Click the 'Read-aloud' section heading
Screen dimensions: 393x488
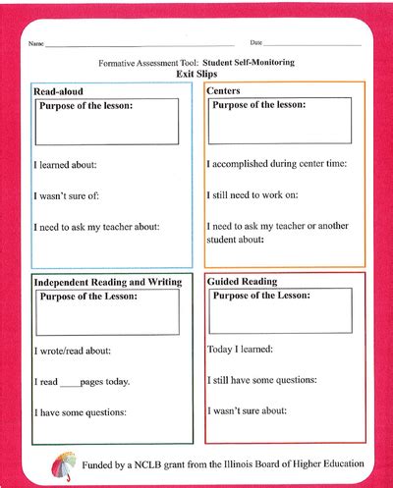[x=58, y=91]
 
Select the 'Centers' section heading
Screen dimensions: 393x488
[x=225, y=90]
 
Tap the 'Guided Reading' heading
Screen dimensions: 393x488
[x=242, y=282]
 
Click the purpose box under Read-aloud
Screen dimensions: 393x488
[x=108, y=122]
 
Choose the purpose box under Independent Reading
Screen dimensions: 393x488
[x=108, y=312]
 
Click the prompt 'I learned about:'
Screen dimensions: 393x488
[x=66, y=166]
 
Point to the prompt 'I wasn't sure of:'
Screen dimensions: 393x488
[x=68, y=196]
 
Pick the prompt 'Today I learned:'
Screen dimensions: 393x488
[x=240, y=349]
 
